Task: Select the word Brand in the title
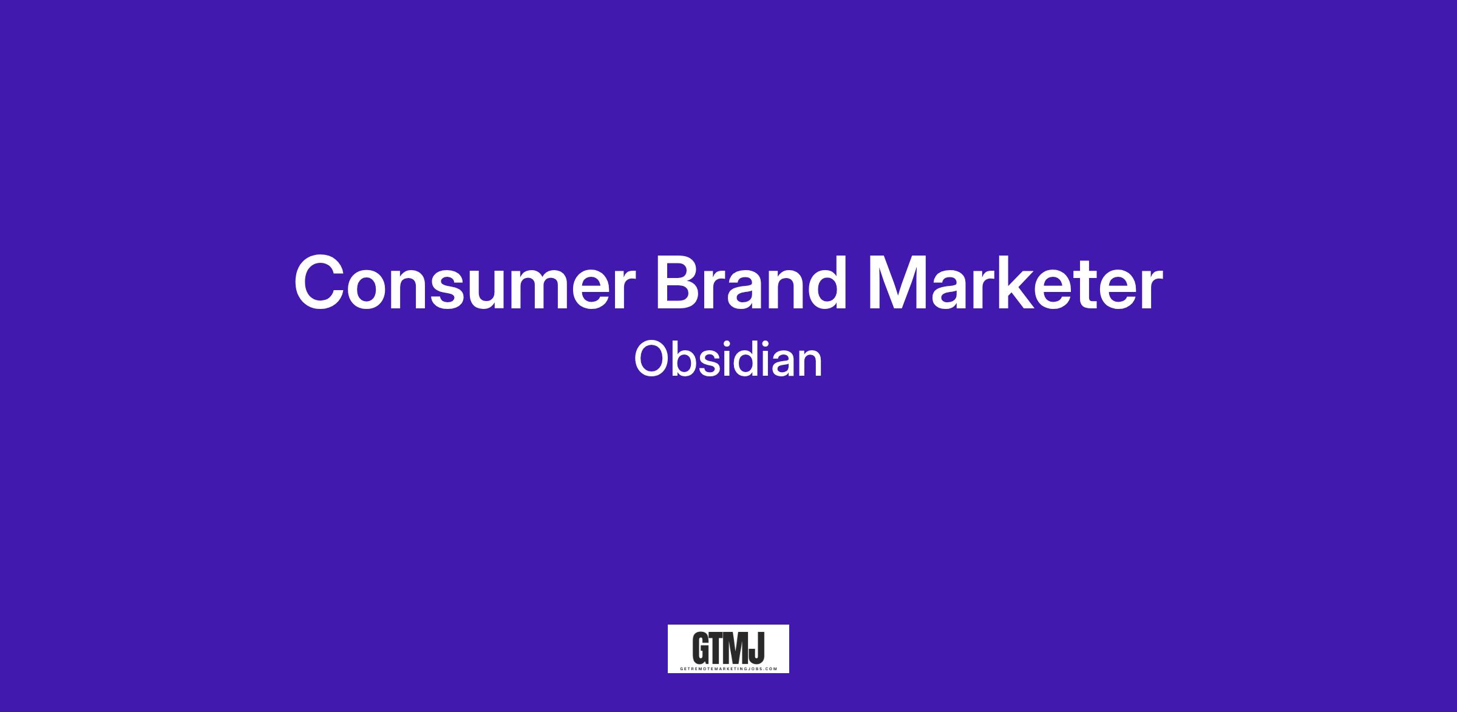[750, 282]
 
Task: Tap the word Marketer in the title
[1014, 282]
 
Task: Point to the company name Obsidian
[728, 359]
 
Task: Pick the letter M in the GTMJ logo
[741, 648]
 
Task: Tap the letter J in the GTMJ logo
[758, 648]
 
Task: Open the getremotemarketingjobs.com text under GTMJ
[728, 668]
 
